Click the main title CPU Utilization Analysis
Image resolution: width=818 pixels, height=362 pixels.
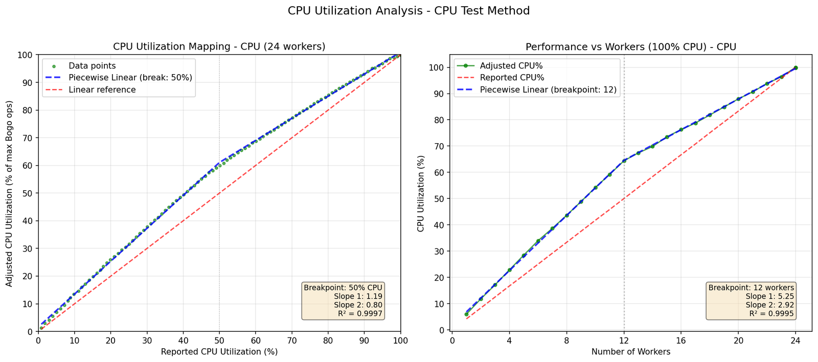[x=408, y=11]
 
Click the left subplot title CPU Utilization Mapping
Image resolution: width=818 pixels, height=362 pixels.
[x=219, y=47]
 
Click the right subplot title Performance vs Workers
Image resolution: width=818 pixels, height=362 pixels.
[x=630, y=47]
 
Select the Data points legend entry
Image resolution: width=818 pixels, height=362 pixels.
[x=92, y=66]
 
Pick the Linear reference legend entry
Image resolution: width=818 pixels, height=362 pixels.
[x=102, y=90]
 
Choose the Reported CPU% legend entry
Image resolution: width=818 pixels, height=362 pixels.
[x=512, y=78]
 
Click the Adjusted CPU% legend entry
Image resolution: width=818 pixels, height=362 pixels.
[x=511, y=66]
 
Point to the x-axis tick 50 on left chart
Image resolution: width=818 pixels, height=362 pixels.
[x=219, y=340]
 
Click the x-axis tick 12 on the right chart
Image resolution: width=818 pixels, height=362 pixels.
[x=624, y=340]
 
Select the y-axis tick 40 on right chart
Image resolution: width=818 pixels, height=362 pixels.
[x=440, y=225]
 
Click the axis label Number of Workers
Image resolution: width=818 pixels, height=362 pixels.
[x=630, y=352]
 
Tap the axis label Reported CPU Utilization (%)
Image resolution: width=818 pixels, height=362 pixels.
[x=219, y=352]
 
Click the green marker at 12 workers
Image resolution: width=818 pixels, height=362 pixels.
[x=624, y=161]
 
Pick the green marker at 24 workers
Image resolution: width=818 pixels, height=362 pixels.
[x=796, y=67]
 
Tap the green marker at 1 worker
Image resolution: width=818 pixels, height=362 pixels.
[x=466, y=314]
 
